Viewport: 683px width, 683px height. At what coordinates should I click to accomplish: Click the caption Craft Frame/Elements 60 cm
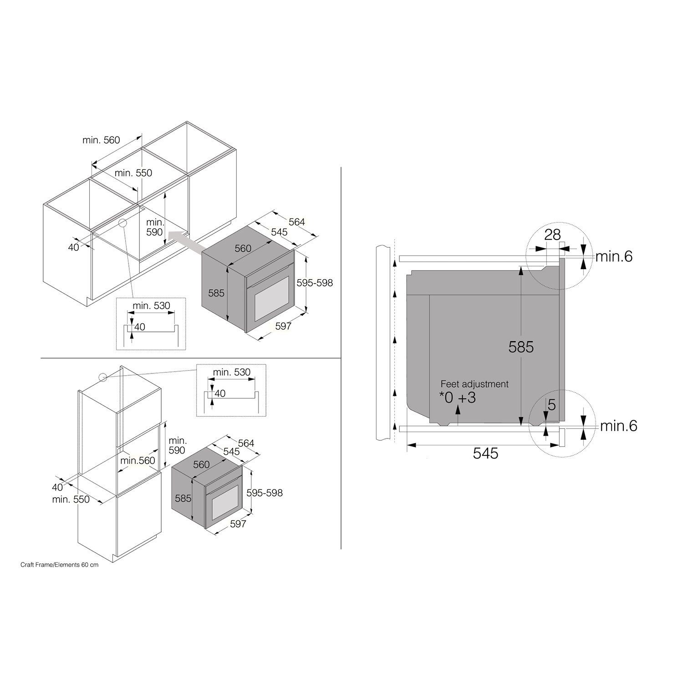click(59, 565)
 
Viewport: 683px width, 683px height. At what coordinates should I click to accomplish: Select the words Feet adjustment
click(474, 384)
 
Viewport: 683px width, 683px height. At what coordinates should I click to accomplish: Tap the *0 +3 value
click(458, 398)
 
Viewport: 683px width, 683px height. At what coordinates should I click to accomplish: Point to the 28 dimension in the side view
click(552, 234)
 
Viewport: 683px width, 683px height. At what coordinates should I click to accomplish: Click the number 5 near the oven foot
click(551, 404)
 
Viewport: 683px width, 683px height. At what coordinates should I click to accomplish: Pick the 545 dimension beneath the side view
click(485, 453)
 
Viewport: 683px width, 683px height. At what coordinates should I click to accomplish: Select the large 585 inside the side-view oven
click(521, 347)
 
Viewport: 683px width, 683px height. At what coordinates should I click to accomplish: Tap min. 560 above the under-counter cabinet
click(101, 140)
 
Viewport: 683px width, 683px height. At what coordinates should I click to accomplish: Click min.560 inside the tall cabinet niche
click(138, 461)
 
